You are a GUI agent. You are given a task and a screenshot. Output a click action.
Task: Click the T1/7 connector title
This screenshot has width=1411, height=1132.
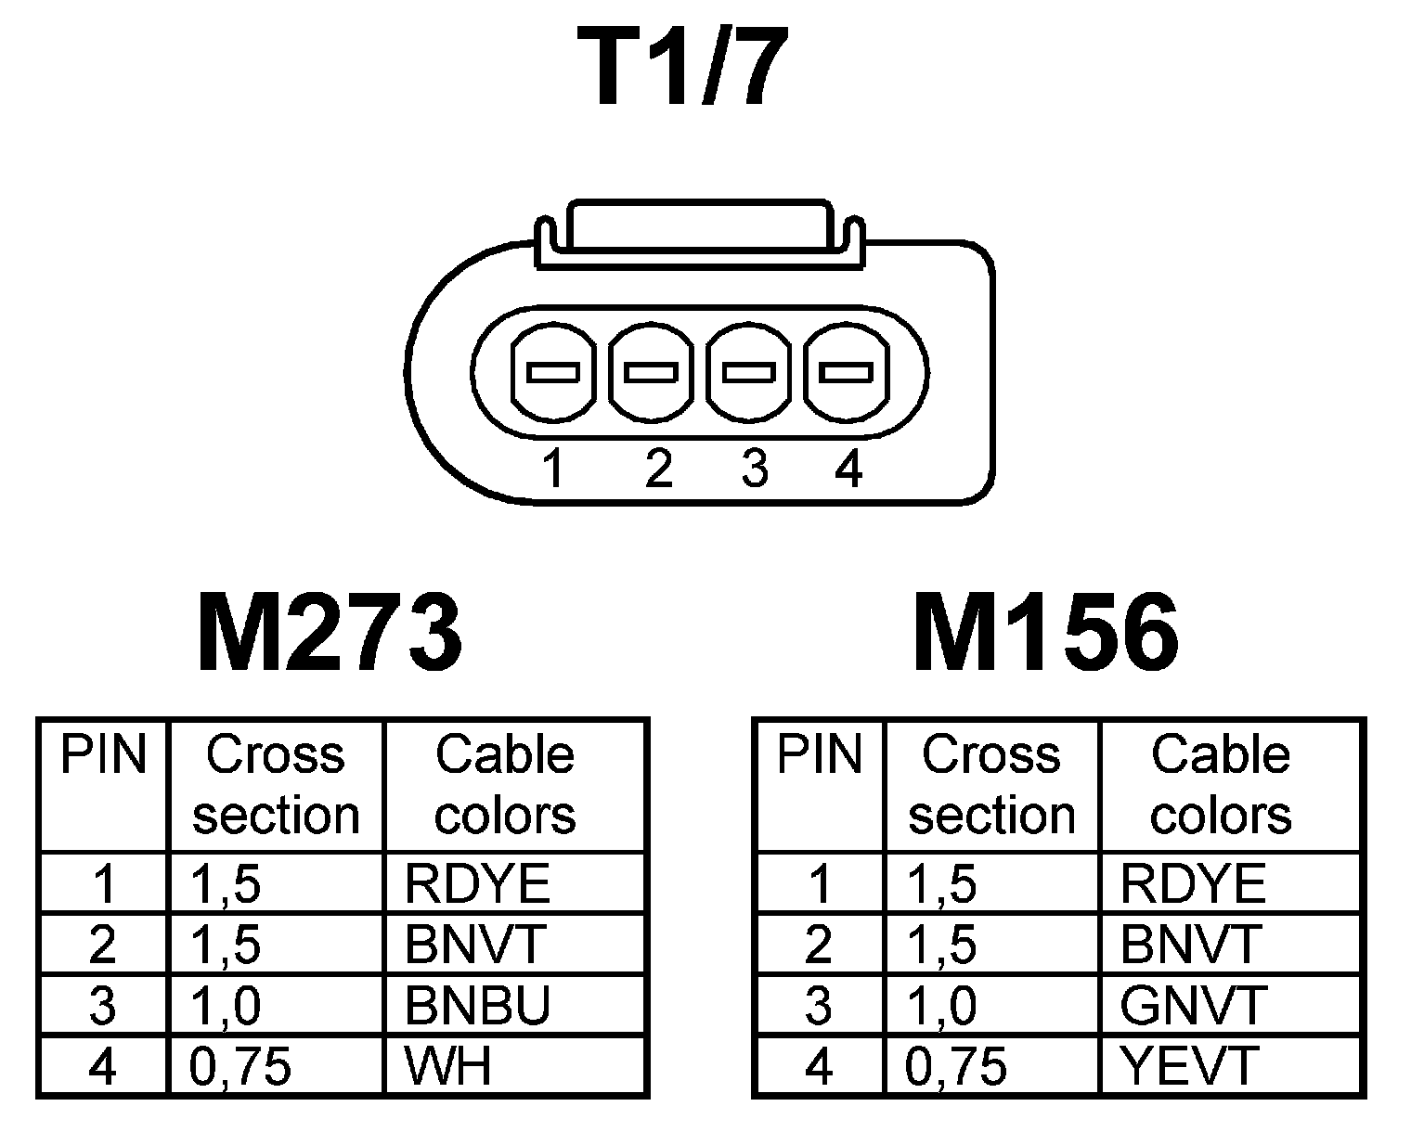682,68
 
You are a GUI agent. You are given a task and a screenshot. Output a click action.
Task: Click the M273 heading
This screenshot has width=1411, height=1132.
330,635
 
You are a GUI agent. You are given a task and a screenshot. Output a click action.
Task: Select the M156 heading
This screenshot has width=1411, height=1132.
1046,635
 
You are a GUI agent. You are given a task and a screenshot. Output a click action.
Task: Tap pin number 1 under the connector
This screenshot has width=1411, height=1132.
554,469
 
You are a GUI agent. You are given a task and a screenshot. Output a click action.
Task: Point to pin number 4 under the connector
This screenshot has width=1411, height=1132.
848,469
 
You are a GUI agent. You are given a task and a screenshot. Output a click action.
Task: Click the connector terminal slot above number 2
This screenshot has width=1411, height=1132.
652,373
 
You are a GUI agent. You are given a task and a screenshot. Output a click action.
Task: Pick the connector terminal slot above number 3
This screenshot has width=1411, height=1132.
749,373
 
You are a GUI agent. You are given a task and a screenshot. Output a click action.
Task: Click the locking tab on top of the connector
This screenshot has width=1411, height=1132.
696,225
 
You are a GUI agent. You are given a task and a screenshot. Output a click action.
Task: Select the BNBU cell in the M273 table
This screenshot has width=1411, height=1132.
477,1005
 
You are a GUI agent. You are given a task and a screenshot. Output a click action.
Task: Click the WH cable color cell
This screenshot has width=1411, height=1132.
448,1066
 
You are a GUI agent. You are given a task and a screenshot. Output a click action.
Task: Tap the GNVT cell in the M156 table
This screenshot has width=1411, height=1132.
1193,1005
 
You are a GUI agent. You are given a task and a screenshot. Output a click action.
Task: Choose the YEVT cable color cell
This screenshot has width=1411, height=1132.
1189,1066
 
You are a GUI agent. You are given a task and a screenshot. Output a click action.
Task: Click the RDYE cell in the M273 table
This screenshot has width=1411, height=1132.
477,884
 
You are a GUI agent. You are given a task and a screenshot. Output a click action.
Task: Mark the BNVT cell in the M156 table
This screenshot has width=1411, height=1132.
1191,945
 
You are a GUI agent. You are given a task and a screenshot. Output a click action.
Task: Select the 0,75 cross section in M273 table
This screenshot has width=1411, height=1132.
240,1066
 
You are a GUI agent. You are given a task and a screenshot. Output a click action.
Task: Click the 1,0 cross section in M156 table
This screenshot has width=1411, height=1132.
941,1005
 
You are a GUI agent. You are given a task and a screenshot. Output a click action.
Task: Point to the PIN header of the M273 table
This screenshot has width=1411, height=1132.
103,755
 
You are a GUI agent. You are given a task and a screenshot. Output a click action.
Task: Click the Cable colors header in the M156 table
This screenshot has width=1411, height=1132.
1221,785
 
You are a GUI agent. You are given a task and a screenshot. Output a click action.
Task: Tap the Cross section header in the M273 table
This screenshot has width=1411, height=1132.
276,785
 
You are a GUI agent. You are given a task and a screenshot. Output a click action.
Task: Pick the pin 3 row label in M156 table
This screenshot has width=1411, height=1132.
818,1005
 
